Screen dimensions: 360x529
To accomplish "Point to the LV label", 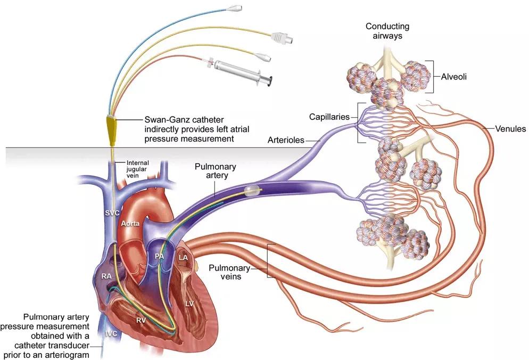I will (x=189, y=304).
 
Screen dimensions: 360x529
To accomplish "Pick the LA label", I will (x=184, y=258).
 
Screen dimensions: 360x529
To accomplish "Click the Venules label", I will (x=510, y=128).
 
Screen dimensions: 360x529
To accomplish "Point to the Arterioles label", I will (x=285, y=141).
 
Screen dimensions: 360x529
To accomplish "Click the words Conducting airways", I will (x=387, y=30).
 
